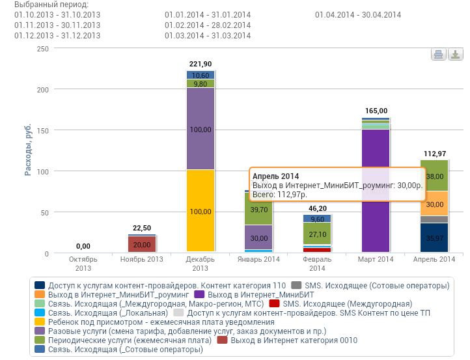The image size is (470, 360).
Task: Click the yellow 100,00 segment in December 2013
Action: coord(200,211)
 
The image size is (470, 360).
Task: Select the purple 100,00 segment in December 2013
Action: coord(200,129)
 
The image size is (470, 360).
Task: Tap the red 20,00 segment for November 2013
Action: coord(142,244)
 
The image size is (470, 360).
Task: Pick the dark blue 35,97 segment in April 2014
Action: coord(434,238)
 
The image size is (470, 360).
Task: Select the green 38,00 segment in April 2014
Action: coord(434,176)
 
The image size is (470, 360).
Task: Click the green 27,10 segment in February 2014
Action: coord(318,234)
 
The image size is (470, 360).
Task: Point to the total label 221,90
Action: coord(200,64)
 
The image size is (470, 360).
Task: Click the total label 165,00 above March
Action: coord(376,111)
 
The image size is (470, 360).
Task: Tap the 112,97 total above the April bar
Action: coord(434,154)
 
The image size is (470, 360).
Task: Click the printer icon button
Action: coord(438,55)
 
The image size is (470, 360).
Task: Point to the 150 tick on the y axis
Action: coord(42,130)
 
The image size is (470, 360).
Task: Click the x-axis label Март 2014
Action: coord(376,259)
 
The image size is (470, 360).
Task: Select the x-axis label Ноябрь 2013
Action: coord(142,259)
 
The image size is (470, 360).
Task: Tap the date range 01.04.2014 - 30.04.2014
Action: coord(358,14)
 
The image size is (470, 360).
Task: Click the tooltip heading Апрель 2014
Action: coord(276,176)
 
